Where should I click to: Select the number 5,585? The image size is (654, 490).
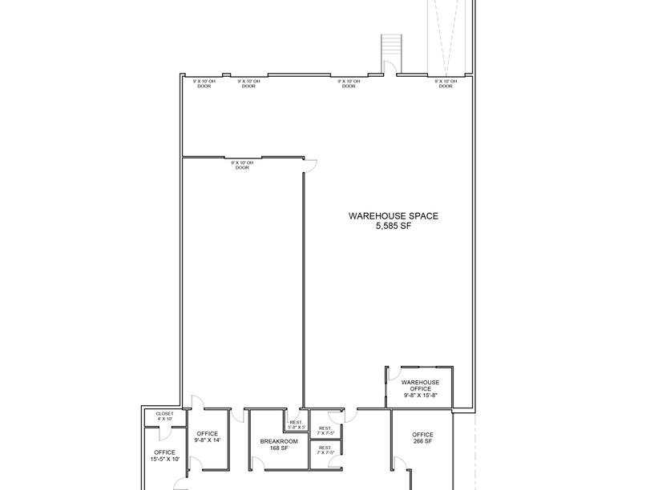point(386,227)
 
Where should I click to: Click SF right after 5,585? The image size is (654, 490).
point(406,227)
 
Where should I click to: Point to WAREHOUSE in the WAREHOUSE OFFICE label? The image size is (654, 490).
point(421,382)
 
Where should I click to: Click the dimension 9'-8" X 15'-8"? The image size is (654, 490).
point(421,396)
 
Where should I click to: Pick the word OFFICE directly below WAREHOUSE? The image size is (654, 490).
point(421,389)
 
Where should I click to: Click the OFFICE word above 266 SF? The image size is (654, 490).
point(422,435)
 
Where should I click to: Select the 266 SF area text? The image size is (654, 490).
point(422,441)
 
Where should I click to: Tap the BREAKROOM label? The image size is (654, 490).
point(279,441)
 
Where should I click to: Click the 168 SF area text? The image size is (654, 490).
point(279,448)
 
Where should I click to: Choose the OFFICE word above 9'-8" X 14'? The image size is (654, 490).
point(207,433)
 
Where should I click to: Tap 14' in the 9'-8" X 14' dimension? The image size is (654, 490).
point(216,440)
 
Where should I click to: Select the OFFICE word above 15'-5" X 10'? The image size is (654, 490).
point(164,452)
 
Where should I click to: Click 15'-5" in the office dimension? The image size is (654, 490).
point(157,460)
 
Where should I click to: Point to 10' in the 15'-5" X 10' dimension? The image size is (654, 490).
point(176,460)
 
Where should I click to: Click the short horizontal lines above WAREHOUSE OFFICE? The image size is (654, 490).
point(427,367)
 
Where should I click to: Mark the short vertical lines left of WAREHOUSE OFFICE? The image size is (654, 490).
point(386,391)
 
